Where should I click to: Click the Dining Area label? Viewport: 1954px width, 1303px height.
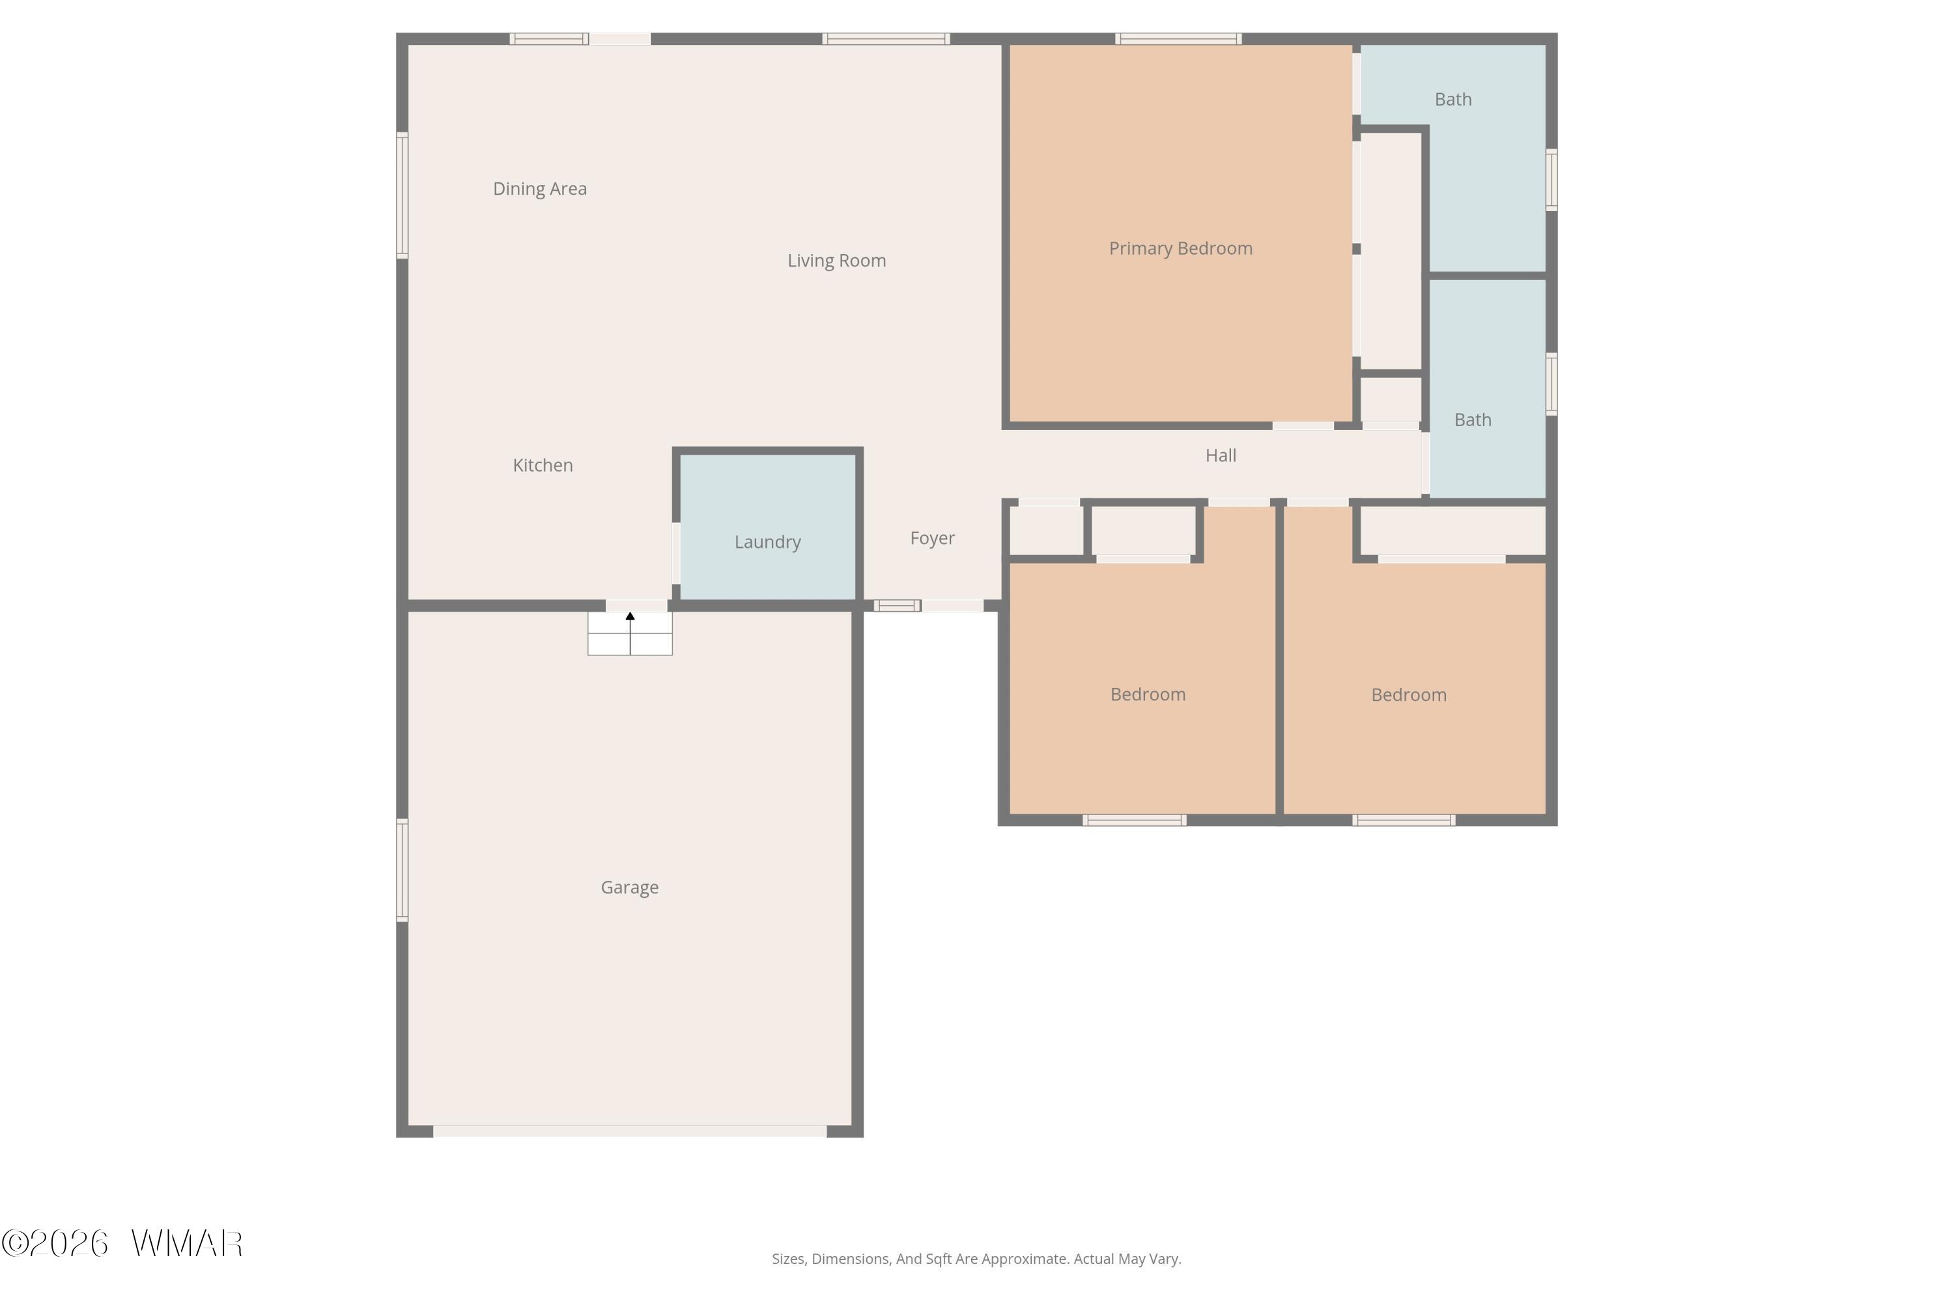540,189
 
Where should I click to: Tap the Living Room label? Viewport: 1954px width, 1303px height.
836,261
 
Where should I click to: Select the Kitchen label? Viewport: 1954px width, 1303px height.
543,465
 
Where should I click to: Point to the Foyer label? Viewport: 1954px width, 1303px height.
932,539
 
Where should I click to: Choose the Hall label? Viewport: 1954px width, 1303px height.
1221,455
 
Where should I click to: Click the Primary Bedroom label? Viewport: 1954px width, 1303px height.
1180,248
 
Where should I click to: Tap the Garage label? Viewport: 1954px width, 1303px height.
630,887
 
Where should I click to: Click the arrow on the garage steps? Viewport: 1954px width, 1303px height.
630,633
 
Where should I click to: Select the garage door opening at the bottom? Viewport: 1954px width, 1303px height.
630,1131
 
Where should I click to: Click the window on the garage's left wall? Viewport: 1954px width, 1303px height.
402,870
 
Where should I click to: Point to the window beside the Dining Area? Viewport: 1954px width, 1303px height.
402,195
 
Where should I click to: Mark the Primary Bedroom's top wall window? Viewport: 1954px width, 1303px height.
1178,39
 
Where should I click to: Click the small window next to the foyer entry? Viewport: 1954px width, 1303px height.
898,606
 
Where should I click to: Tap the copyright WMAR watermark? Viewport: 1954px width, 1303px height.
122,1244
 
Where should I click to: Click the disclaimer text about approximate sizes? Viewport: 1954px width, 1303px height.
976,1259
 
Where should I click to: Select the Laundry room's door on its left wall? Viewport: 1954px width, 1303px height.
676,552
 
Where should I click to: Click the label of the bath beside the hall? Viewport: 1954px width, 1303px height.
1472,420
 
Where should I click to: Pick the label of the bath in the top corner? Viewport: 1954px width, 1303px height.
1453,100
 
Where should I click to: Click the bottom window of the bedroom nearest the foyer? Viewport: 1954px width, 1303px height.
1135,820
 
